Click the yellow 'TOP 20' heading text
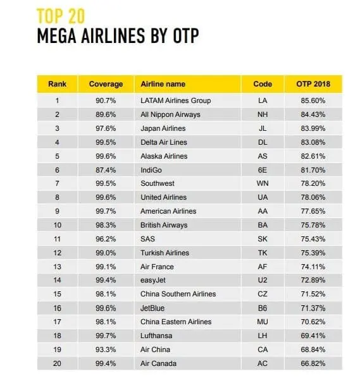coord(61,16)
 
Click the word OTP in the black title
coord(186,35)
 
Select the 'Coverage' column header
coord(106,84)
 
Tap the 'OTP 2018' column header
coord(313,84)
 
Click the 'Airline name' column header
coord(163,84)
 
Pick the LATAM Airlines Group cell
coord(176,100)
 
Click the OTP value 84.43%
coord(313,114)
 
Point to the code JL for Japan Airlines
coord(263,128)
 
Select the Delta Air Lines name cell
coord(164,142)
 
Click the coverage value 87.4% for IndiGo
coord(106,170)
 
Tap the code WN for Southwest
coord(263,183)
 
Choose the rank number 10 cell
coord(57,225)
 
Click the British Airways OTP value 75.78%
coord(313,225)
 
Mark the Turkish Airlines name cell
coord(165,253)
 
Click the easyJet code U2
coord(263,280)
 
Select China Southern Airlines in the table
coord(178,294)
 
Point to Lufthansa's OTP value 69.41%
coord(313,336)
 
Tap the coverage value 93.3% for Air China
coord(106,350)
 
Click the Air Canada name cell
coord(158,363)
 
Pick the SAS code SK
coord(263,239)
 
